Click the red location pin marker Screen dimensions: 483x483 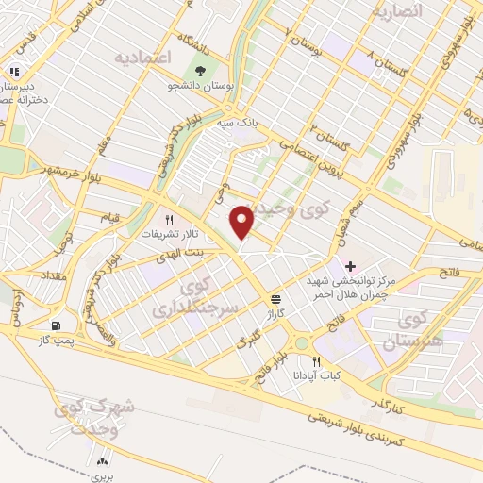(x=242, y=222)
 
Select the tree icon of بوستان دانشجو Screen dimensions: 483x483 (x=199, y=70)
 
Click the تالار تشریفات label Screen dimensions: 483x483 (x=167, y=232)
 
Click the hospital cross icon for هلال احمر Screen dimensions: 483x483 (x=351, y=266)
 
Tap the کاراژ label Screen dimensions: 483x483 (x=275, y=312)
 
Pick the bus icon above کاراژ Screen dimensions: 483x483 (x=275, y=298)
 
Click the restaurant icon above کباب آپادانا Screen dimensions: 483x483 (x=317, y=361)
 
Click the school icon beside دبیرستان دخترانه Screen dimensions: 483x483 (x=14, y=72)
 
